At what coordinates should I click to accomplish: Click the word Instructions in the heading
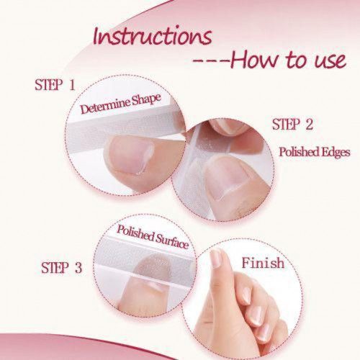pos(153,37)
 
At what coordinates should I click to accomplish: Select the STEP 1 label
pos(55,85)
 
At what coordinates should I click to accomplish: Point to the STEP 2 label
pos(292,125)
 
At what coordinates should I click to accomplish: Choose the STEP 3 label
pos(62,268)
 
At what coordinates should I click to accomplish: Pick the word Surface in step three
pos(172,240)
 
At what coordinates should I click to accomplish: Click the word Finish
pos(263,263)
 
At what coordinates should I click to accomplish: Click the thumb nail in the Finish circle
pos(216,258)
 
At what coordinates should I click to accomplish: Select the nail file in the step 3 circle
pos(145,258)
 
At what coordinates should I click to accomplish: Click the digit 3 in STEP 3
pos(78,268)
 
